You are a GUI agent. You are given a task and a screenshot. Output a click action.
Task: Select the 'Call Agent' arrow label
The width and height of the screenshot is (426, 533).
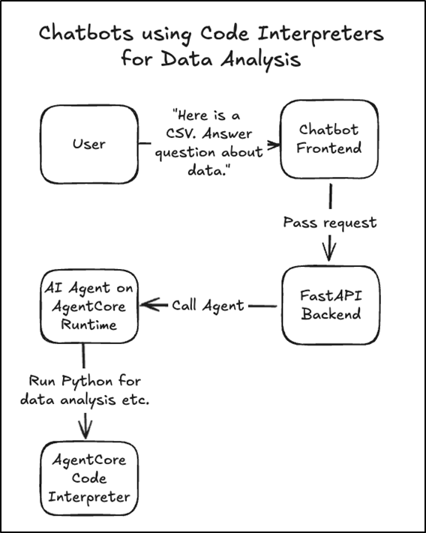(208, 305)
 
